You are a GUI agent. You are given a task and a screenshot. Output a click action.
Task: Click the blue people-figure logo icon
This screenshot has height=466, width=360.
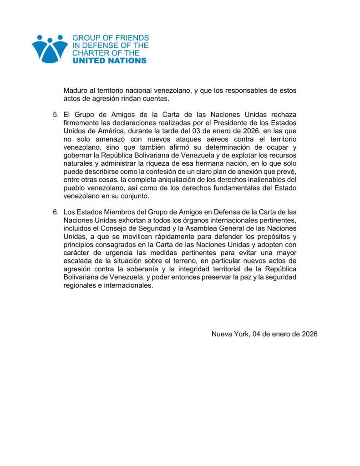click(50, 48)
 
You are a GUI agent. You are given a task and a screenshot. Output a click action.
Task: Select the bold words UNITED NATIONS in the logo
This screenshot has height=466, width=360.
click(110, 61)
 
